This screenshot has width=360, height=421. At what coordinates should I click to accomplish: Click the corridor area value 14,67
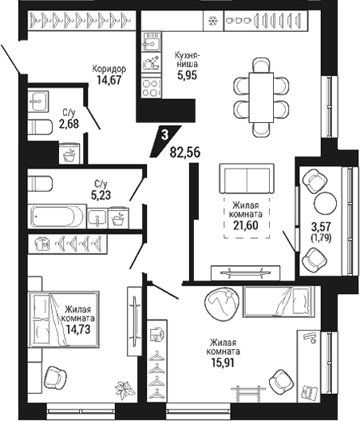(109, 80)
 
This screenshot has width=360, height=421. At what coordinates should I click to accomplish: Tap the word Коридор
(109, 69)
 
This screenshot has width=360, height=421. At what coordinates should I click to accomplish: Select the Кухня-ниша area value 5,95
(187, 75)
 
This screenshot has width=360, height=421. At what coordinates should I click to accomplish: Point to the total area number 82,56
(185, 153)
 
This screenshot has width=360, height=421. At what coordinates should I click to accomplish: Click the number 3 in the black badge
(164, 135)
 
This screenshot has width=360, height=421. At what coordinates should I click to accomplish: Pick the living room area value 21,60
(246, 225)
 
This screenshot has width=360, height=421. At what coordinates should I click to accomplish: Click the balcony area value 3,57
(321, 227)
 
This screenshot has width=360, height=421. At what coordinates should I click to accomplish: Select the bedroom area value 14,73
(78, 329)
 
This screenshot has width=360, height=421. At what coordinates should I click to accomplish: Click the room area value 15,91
(223, 363)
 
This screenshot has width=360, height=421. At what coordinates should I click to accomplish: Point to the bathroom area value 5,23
(101, 195)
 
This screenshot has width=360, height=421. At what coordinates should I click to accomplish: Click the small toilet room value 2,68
(69, 124)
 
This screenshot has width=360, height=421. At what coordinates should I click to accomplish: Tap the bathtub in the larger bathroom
(57, 216)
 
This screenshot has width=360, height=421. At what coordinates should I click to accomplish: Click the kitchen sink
(152, 42)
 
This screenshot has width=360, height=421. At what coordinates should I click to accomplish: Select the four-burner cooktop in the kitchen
(152, 88)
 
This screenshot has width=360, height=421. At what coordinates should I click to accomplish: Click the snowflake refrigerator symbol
(213, 21)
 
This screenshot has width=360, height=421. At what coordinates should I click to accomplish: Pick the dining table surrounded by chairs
(261, 97)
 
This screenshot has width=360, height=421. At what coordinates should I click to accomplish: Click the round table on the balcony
(325, 203)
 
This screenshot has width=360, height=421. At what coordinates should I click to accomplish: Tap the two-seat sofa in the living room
(247, 178)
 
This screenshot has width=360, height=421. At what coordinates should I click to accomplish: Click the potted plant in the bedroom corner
(125, 390)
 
